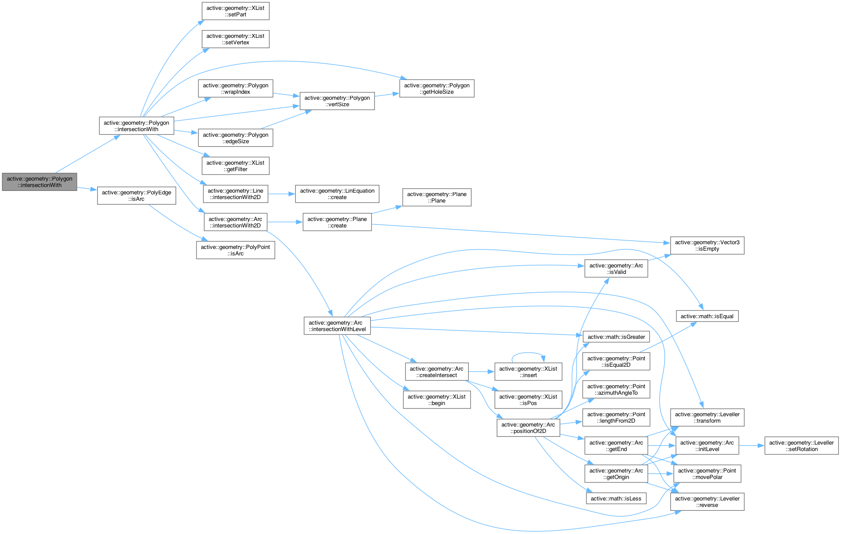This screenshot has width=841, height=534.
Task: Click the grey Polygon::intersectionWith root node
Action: click(40, 182)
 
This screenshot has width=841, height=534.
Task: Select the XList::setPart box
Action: click(236, 11)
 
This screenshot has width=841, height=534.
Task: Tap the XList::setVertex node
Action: click(236, 39)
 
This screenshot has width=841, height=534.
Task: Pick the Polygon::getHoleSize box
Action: click(437, 89)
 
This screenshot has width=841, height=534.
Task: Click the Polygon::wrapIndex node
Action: click(236, 89)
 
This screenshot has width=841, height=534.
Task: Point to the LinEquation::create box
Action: click(337, 194)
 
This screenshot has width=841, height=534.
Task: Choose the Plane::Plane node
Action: click(437, 197)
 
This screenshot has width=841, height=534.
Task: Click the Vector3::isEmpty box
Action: click(707, 246)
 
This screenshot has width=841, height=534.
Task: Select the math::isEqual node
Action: click(707, 316)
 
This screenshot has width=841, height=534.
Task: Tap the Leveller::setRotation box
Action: click(801, 446)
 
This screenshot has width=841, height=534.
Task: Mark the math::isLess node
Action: click(616, 498)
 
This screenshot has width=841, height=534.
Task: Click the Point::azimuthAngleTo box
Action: click(616, 390)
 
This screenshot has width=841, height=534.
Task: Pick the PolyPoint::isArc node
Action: click(236, 250)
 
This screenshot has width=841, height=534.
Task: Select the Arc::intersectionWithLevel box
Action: click(337, 326)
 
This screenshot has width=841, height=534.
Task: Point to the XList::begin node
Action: click(437, 400)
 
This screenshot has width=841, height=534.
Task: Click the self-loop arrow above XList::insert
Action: click(528, 353)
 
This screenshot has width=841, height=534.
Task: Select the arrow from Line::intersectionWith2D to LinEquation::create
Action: click(281, 194)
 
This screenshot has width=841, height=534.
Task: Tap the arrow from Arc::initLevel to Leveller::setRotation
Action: click(752, 445)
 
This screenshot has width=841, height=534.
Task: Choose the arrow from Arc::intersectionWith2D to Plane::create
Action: click(285, 222)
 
